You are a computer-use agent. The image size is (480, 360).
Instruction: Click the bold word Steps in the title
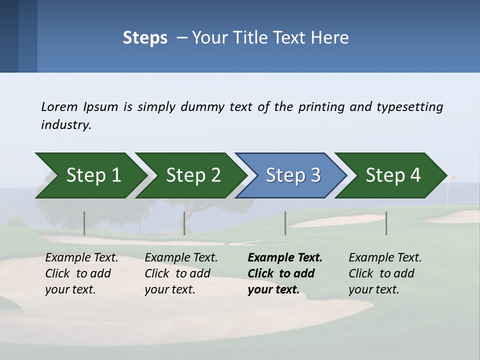(145, 38)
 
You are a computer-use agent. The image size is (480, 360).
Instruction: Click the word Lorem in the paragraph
(59, 106)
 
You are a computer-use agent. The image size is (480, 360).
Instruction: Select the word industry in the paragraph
(66, 124)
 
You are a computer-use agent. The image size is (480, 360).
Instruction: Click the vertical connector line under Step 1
(84, 223)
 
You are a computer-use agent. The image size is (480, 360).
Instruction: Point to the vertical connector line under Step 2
(184, 223)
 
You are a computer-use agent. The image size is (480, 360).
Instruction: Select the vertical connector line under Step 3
(285, 223)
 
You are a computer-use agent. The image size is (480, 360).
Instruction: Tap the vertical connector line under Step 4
(386, 223)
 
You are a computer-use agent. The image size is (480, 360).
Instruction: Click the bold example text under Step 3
(284, 273)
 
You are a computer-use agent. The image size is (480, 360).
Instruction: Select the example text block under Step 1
(81, 273)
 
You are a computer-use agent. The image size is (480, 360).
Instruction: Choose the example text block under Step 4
(384, 273)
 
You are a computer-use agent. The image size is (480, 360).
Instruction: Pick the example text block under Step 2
(180, 273)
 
